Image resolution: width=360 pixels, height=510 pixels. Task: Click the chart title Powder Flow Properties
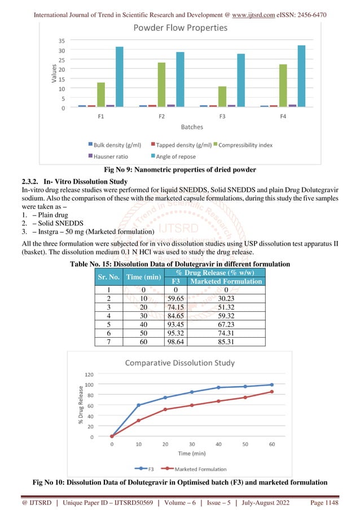click(179, 28)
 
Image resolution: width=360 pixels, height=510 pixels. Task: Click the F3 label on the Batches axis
click(222, 116)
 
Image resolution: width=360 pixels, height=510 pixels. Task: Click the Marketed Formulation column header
click(226, 281)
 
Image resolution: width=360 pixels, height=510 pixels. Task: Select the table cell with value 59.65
click(175, 297)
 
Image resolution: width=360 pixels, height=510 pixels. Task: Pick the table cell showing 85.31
click(226, 341)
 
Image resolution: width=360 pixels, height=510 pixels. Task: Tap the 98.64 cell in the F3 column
click(175, 341)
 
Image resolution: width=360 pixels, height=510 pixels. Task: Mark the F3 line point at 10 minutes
click(139, 405)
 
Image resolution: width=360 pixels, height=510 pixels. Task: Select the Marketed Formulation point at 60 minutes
click(272, 391)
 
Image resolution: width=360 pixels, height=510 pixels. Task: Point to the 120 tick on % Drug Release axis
click(89, 374)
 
